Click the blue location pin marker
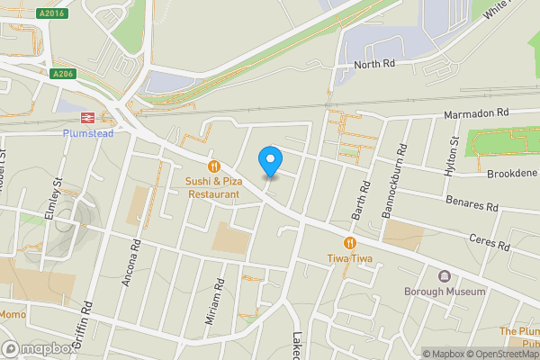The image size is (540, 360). [x=270, y=161]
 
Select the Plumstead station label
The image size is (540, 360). [x=89, y=132]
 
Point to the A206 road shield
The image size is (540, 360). [x=61, y=74]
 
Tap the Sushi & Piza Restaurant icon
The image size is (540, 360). [x=213, y=166]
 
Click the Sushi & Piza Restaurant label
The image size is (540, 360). [x=213, y=187]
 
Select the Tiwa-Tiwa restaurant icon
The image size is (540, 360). [x=348, y=243]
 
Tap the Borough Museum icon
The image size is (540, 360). [x=444, y=276]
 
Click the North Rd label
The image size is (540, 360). [x=373, y=65]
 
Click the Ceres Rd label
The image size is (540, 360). [x=490, y=240]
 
